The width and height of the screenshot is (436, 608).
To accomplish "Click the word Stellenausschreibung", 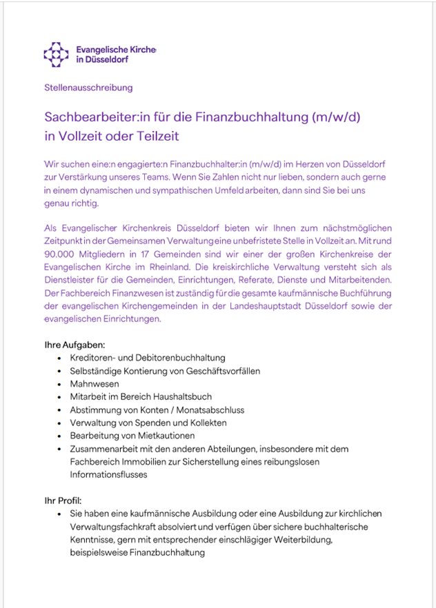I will [x=88, y=88].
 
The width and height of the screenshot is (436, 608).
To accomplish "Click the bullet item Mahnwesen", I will [x=95, y=384].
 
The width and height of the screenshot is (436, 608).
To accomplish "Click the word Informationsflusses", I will [x=109, y=474].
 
